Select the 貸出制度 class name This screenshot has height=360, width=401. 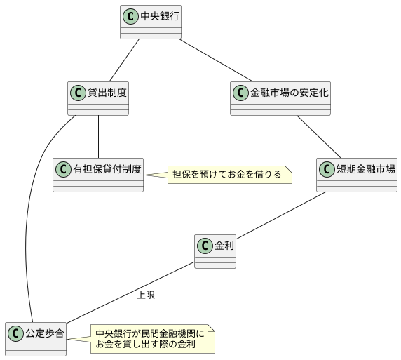tap(107, 92)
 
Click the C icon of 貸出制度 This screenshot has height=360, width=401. tap(79, 92)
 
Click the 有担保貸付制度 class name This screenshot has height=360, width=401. tap(107, 168)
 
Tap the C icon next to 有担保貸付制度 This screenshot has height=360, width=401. tap(64, 168)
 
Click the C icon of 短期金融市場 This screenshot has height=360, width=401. tap(327, 168)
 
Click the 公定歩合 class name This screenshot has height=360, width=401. tap(45, 333)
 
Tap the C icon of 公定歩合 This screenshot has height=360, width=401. tap(16, 333)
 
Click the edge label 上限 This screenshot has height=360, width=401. tap(146, 295)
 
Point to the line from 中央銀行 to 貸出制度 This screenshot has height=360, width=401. tap(124, 60)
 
